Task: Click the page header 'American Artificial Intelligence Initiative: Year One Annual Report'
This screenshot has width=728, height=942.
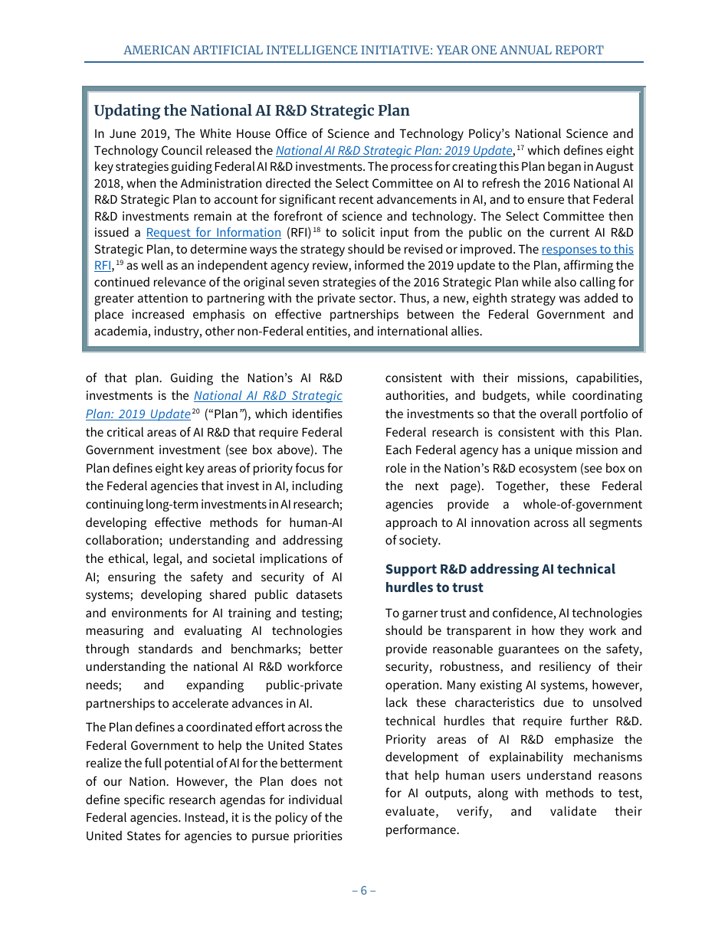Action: [x=363, y=50]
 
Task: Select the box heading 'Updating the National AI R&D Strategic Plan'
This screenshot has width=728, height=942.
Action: [x=251, y=110]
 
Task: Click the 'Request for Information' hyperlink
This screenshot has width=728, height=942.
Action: [x=213, y=233]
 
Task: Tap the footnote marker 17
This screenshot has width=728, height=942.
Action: [x=520, y=146]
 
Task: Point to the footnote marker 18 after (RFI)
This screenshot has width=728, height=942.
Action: [x=315, y=229]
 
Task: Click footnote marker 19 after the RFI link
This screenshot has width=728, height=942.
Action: [x=120, y=262]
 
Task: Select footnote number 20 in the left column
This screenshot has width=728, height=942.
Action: [x=195, y=410]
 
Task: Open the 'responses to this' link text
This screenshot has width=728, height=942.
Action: [x=587, y=250]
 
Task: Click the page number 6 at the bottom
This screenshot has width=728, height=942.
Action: [x=363, y=890]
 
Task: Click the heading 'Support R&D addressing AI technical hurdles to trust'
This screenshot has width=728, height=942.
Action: [x=500, y=578]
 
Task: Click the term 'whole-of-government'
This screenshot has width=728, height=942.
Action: [x=582, y=505]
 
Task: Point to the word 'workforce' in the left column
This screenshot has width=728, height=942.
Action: [x=314, y=667]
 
